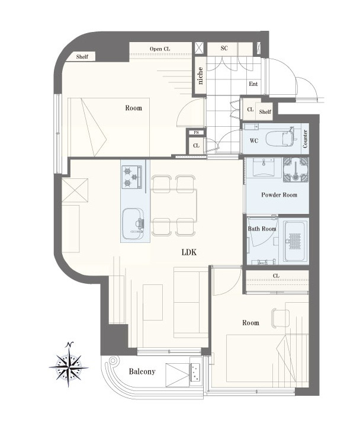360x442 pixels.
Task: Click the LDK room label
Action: [x=189, y=252]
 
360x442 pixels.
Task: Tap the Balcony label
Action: [x=142, y=371]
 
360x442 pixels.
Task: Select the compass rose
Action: [x=69, y=366]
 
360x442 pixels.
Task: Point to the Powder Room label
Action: [x=279, y=195]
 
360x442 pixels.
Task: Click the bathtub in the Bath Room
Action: [x=295, y=241]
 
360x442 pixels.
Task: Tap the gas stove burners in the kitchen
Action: [x=131, y=177]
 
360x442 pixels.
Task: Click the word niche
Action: [x=200, y=76]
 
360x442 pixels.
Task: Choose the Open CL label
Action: [x=160, y=49]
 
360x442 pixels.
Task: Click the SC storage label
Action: [x=224, y=48]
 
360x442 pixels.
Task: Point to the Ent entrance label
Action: [x=253, y=84]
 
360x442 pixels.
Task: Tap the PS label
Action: [x=196, y=133]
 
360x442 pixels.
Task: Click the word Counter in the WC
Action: [x=305, y=139]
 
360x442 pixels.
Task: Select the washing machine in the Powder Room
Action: [x=296, y=169]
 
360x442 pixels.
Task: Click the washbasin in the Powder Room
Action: [x=264, y=167]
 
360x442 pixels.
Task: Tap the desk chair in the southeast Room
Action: [x=280, y=318]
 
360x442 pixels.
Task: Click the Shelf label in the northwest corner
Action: [x=82, y=57]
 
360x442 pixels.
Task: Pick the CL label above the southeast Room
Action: [x=276, y=276]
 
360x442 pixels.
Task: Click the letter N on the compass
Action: [x=69, y=344]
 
